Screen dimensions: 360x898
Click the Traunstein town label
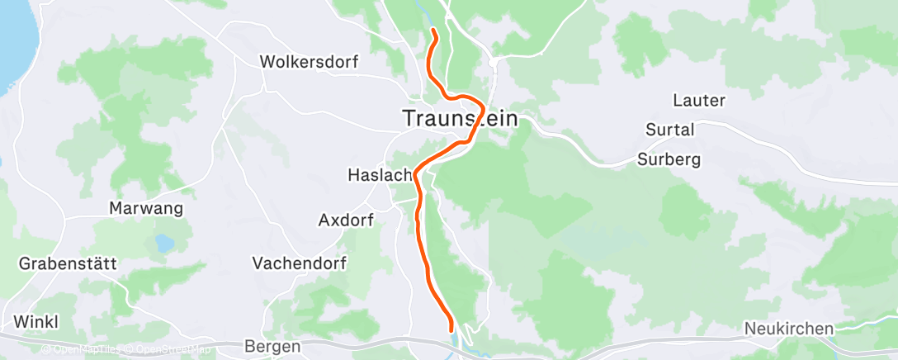coord(461,118)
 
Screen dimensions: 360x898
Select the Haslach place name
coord(380,175)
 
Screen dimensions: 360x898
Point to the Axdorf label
coord(346,220)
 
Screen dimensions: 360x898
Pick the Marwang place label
coord(146,208)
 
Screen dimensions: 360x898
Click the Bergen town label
coord(273,347)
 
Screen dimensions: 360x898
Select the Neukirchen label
coord(789,329)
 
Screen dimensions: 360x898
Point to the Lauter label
coord(699,101)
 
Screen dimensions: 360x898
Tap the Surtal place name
coord(669,130)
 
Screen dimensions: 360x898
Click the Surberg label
coord(669,159)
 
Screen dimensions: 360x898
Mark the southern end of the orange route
coord(451,329)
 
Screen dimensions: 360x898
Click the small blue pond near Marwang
coord(163,243)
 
